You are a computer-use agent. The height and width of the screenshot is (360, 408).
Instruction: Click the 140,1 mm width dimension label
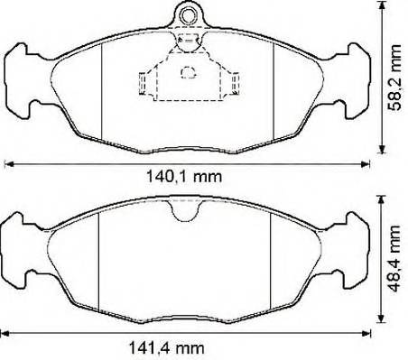[184, 177]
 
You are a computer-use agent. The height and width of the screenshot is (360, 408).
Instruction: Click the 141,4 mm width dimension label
[166, 348]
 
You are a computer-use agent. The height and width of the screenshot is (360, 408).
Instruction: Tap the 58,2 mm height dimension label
[394, 78]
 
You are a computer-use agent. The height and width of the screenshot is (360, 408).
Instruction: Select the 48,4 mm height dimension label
[394, 259]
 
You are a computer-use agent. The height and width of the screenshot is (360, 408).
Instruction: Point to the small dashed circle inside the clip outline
[189, 72]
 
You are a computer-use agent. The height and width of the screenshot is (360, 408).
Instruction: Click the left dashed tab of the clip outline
[143, 83]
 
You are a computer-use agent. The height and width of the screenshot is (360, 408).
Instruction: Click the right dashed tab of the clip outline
[235, 83]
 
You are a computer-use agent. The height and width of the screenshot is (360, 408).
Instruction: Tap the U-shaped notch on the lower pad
[184, 209]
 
